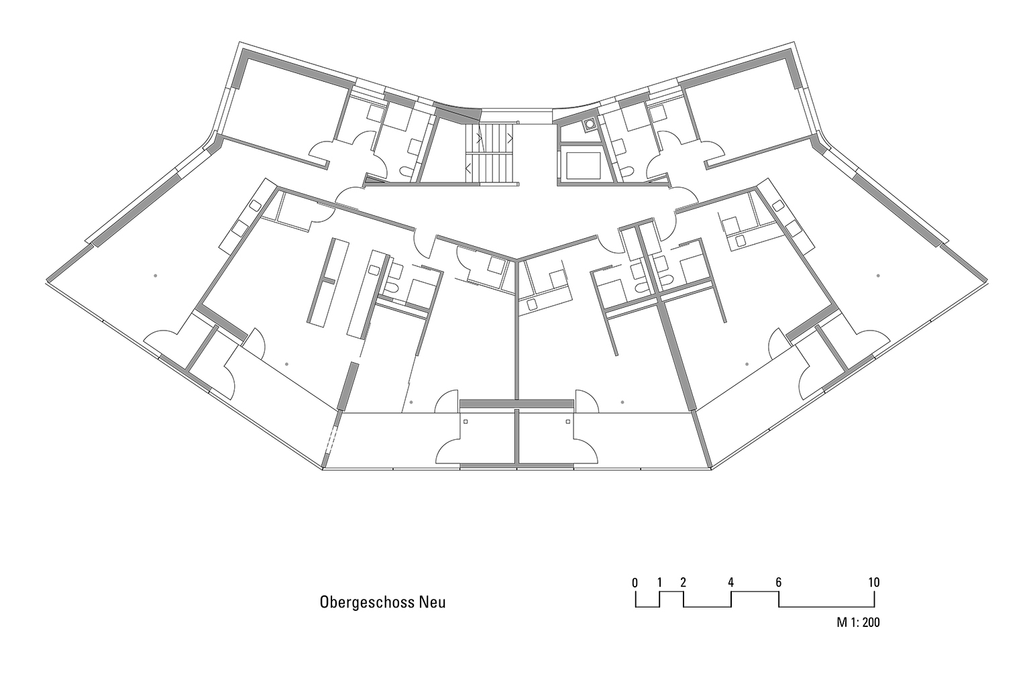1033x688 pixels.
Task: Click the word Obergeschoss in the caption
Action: click(367, 603)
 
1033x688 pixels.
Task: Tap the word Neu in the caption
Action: click(433, 602)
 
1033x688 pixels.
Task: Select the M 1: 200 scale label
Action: click(858, 622)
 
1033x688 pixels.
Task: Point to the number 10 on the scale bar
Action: click(874, 583)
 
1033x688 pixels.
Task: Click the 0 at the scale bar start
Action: click(635, 583)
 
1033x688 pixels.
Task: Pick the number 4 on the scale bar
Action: click(731, 583)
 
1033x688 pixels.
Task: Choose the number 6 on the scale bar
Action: click(778, 583)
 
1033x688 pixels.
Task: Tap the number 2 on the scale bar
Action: click(683, 583)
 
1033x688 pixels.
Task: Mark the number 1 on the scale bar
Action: click(659, 583)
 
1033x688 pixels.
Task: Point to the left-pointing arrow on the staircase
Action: click(468, 169)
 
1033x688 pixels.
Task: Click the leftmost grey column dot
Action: click(156, 276)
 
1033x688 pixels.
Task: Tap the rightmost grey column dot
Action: click(878, 276)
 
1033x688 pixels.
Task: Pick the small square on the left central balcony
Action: click(466, 422)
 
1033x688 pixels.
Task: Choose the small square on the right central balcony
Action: click(568, 422)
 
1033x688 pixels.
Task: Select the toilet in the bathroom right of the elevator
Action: click(626, 172)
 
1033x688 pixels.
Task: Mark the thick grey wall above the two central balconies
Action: click(517, 404)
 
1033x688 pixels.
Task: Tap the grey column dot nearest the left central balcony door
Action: click(411, 402)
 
